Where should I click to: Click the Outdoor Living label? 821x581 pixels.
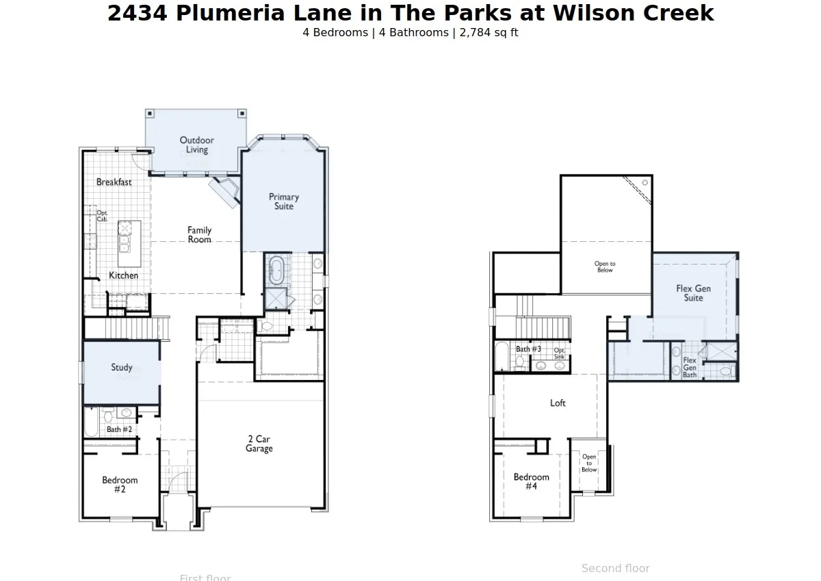[x=197, y=145]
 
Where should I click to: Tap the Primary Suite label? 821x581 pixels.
[x=284, y=202]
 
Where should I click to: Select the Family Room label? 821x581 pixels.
[x=200, y=235]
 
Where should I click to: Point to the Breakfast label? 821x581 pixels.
[x=114, y=182]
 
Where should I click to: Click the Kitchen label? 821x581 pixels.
[x=124, y=275]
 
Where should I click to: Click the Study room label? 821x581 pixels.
[x=122, y=368]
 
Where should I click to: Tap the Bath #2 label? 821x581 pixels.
[x=119, y=429]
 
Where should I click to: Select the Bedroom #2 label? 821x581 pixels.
[x=120, y=485]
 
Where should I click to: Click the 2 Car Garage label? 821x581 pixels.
[x=259, y=444]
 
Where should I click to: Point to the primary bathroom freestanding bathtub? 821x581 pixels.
[x=277, y=271]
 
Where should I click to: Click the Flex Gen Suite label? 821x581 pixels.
[x=693, y=293]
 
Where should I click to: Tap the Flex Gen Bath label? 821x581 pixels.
[x=690, y=367]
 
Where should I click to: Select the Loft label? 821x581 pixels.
[x=558, y=403]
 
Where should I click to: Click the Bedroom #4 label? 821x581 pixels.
[x=532, y=481]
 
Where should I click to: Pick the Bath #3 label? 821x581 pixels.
[x=529, y=349]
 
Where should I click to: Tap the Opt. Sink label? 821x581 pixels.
[x=560, y=353]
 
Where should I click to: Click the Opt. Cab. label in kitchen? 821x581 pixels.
[x=102, y=216]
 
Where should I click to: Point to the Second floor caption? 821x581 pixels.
[x=616, y=568]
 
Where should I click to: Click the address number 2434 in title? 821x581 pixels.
[x=138, y=13]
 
